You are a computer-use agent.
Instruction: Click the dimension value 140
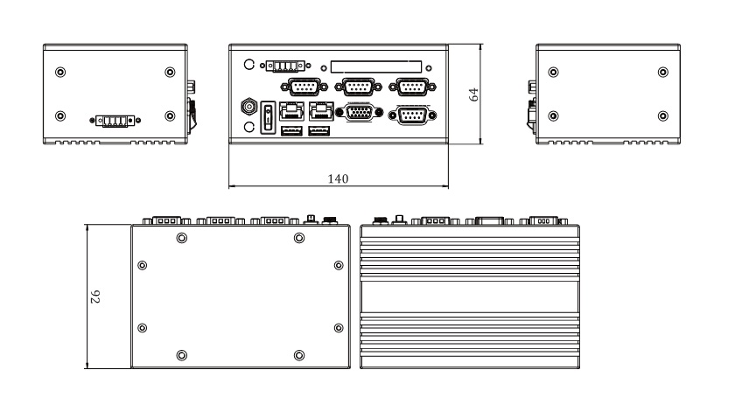pos(338,178)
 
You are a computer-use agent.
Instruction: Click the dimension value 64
pos(473,94)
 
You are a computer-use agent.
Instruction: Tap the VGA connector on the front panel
pos(359,113)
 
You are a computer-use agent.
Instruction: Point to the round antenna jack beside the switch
pos(248,108)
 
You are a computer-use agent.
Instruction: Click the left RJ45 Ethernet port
pos(291,110)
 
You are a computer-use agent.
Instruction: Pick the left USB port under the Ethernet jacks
pos(291,131)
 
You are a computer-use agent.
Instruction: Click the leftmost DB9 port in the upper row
pos(304,86)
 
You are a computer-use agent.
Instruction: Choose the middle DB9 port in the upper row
pos(359,86)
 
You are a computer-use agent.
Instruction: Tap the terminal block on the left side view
pos(115,121)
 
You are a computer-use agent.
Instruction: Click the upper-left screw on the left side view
pos(59,72)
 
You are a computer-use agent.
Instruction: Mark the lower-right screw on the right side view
pos(662,116)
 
